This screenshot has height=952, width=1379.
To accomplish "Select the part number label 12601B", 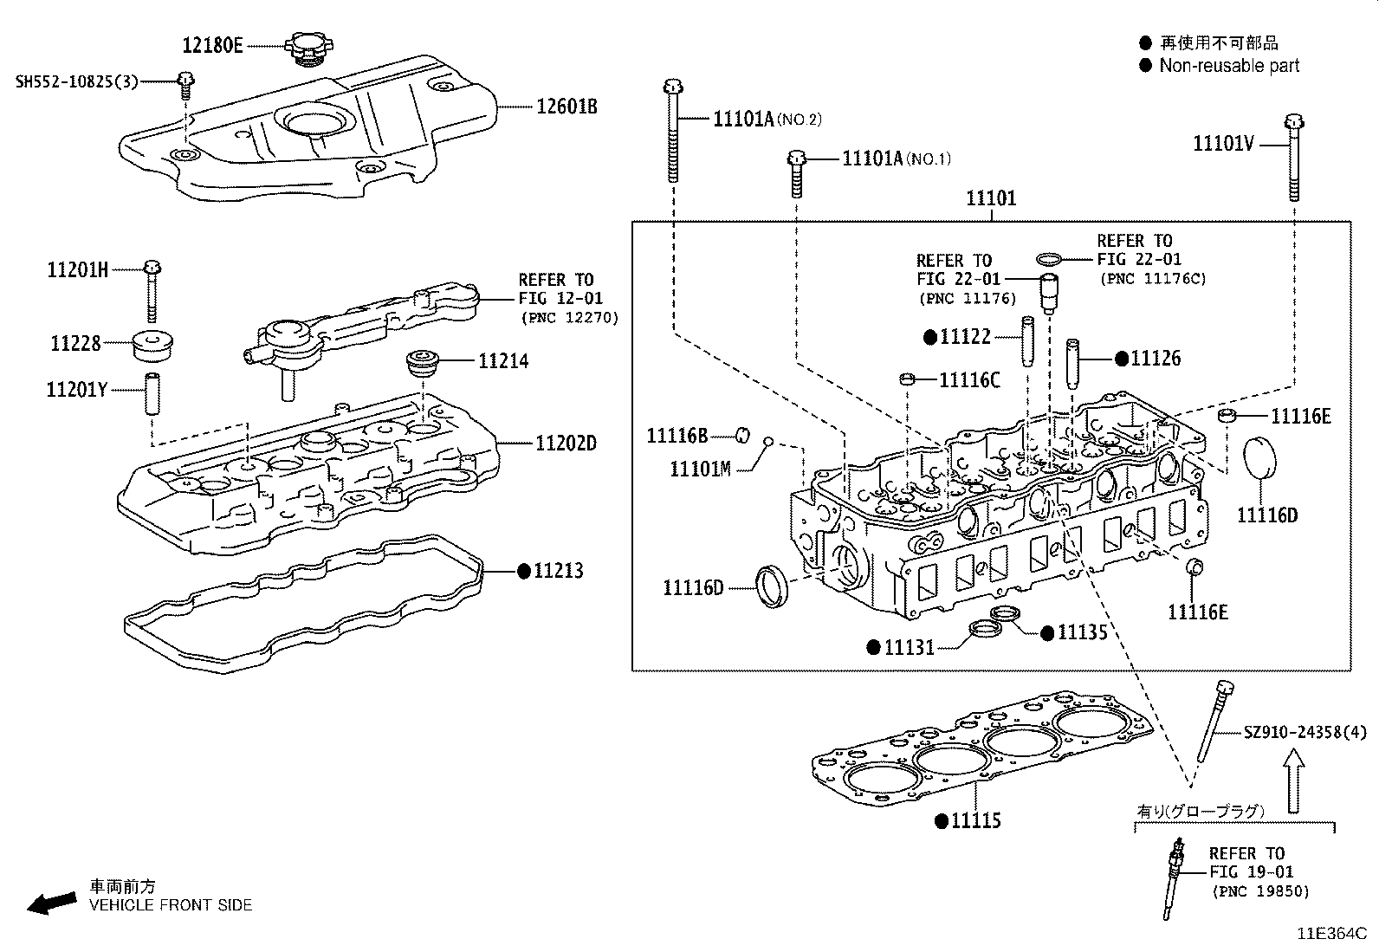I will (566, 107).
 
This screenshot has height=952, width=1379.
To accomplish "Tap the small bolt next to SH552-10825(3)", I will (185, 83).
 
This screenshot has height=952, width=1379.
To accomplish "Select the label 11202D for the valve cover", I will (566, 444).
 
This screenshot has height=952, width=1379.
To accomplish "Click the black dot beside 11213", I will (523, 571).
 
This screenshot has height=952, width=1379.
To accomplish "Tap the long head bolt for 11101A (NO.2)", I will (672, 130).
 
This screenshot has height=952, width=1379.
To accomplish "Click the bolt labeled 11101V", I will (1293, 156).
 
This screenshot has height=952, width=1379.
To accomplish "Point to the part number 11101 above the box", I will (991, 198).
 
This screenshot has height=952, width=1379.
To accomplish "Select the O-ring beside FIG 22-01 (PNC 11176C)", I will (1049, 259).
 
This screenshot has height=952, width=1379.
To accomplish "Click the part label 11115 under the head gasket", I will (975, 820).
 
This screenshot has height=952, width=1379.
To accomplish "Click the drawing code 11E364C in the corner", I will (1330, 934).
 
